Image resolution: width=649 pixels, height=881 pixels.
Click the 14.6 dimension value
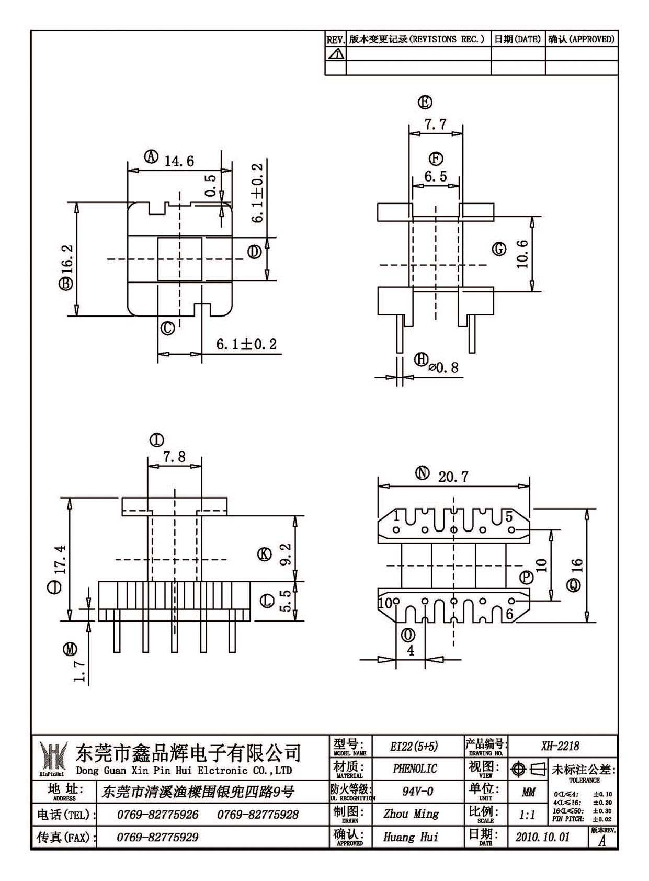(179, 161)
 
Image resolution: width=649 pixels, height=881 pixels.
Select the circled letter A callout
(151, 157)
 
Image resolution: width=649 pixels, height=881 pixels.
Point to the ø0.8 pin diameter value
(443, 367)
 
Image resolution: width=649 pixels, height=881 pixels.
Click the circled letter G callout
(499, 249)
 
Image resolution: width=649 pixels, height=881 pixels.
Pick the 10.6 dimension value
(523, 254)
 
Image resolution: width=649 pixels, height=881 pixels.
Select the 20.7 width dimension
(453, 477)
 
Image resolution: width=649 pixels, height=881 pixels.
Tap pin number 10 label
(385, 603)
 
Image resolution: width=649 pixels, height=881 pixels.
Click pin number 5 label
(509, 516)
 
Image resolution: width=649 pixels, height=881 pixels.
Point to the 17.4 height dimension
(61, 559)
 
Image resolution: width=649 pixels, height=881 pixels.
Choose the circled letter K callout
(264, 555)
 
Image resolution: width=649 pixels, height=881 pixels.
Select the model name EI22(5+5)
(414, 747)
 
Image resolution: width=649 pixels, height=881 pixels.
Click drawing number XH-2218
(560, 746)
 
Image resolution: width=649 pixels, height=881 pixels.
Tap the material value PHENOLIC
(415, 769)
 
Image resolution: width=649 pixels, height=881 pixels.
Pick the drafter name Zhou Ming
(411, 814)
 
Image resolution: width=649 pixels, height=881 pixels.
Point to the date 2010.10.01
(542, 837)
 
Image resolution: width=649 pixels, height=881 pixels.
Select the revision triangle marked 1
(335, 53)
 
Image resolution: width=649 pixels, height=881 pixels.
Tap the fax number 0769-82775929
(157, 838)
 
